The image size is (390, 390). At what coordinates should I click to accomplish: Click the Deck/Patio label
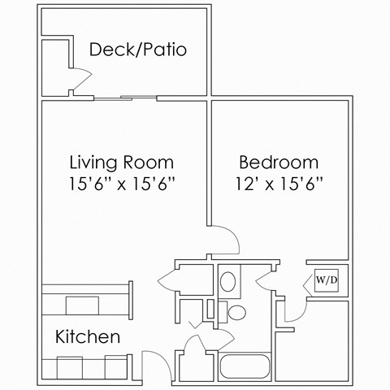click(x=138, y=50)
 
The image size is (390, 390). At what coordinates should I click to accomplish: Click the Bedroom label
click(x=278, y=161)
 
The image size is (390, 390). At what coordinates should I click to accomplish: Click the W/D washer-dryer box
click(x=326, y=280)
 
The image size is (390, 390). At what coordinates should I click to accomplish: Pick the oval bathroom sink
click(x=228, y=282)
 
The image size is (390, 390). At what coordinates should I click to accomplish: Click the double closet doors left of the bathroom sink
click(x=174, y=280)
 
